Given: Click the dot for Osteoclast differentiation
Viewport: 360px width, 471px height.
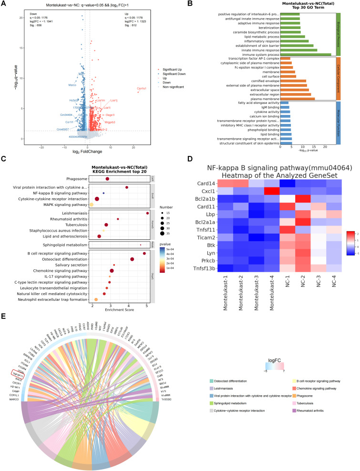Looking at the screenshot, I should coord(132,246).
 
